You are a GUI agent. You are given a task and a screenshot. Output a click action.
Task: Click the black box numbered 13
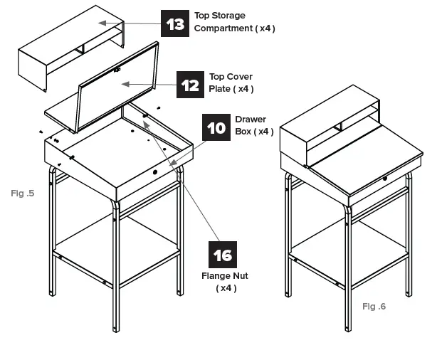click(x=174, y=23)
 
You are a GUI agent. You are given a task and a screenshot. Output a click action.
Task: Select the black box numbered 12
click(x=189, y=85)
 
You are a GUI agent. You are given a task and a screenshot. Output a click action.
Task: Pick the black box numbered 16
click(x=223, y=255)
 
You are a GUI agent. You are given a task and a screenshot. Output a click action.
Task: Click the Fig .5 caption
click(x=23, y=193)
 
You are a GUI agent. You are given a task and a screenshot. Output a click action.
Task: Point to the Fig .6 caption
click(x=374, y=307)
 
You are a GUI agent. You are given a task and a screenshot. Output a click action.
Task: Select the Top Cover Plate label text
click(x=231, y=83)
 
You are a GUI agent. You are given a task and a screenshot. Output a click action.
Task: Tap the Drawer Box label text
click(x=253, y=125)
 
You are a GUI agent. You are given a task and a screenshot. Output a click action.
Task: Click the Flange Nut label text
click(x=226, y=276)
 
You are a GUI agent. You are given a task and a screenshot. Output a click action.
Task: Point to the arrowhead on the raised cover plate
click(x=126, y=84)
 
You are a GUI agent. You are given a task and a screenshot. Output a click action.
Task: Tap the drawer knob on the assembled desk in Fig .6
click(x=385, y=178)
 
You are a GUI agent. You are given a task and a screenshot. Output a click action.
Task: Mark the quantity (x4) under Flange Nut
click(x=226, y=288)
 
